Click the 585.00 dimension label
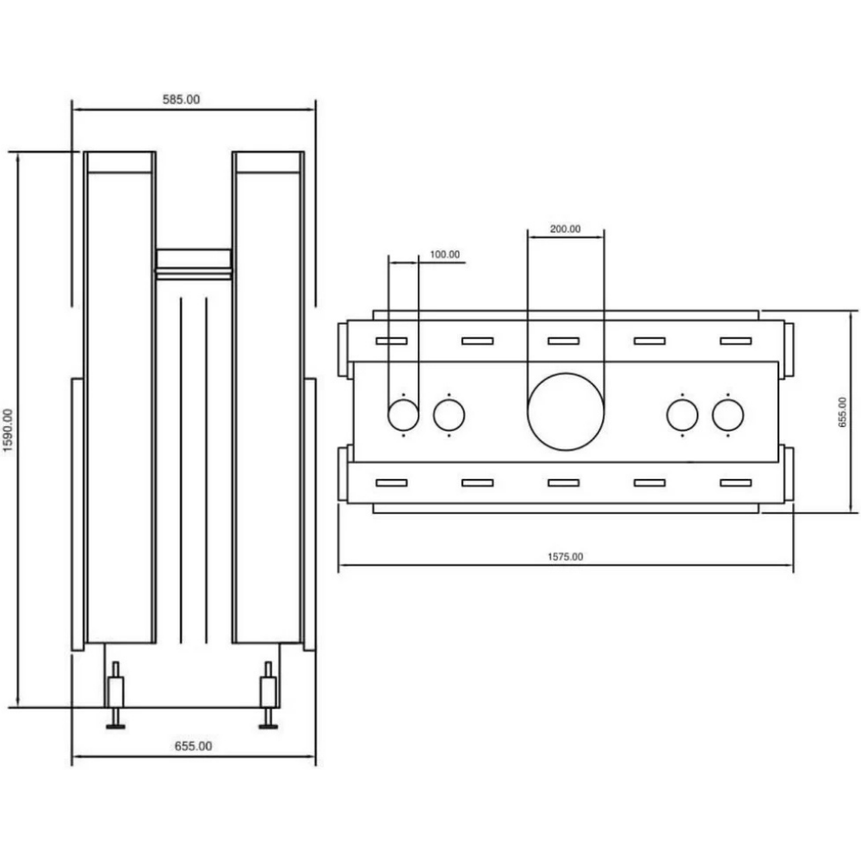(181, 99)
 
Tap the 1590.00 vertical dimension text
(8, 430)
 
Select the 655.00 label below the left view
(193, 746)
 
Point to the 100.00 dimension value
(445, 254)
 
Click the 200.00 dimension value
(565, 229)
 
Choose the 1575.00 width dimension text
(565, 557)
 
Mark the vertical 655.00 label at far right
(842, 412)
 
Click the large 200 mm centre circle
(566, 374)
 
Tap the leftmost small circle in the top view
(404, 400)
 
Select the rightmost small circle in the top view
(728, 400)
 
